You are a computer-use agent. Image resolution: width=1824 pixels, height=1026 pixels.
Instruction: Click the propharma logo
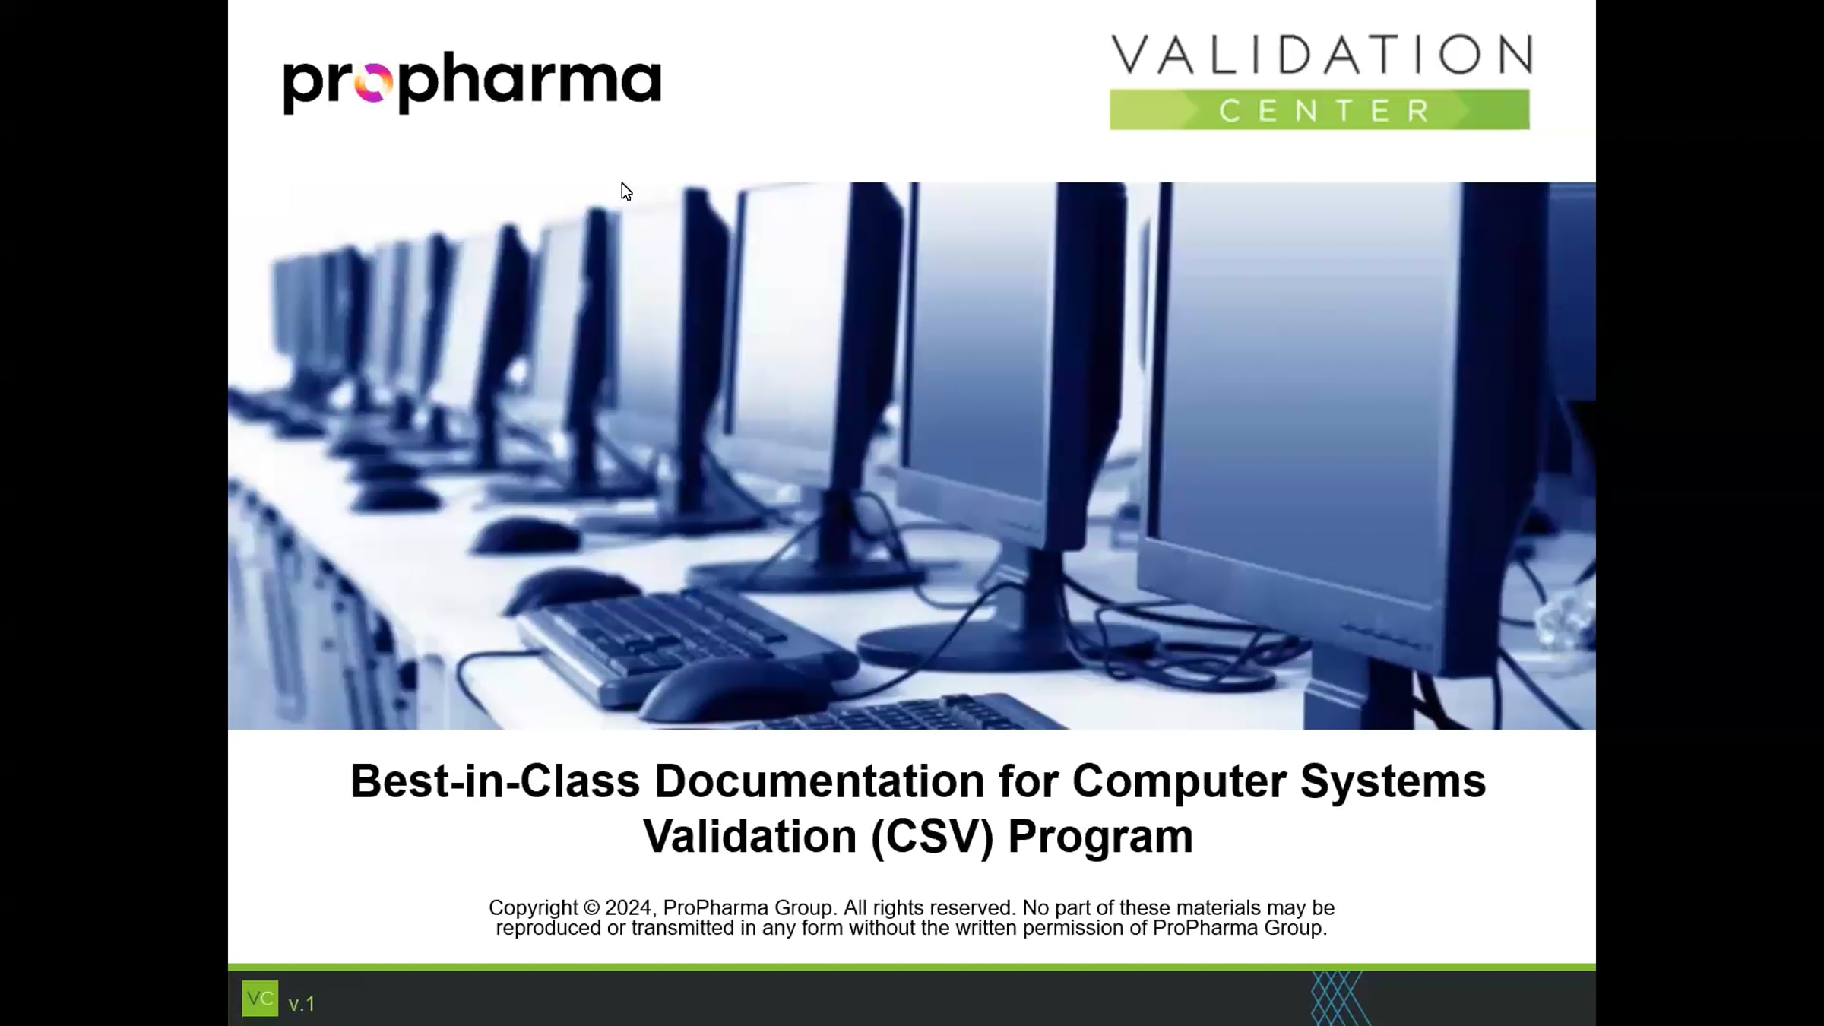(x=471, y=82)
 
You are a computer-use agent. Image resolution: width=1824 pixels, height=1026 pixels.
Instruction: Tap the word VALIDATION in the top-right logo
(x=1321, y=55)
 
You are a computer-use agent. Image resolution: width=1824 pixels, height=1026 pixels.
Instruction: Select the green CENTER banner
(x=1319, y=110)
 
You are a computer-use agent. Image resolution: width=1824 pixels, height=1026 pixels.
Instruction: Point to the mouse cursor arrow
(x=625, y=191)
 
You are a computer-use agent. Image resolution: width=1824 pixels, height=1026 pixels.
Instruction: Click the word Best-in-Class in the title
(x=495, y=781)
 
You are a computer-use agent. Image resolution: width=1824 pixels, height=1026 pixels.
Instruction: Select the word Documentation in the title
(x=819, y=781)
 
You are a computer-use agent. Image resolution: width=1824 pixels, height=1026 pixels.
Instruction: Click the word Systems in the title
(x=1392, y=781)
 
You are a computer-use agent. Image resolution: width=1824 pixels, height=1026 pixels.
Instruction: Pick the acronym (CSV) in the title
(x=932, y=837)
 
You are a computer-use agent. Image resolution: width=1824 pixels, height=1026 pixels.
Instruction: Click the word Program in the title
(x=1100, y=837)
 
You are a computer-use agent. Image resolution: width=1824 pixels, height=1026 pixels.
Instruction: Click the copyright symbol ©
(x=591, y=907)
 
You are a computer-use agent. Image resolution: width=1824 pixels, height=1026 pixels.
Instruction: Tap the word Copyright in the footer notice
(x=533, y=907)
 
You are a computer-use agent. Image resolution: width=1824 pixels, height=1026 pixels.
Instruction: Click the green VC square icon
(x=260, y=999)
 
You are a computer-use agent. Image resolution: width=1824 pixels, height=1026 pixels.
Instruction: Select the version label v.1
(x=302, y=1004)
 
